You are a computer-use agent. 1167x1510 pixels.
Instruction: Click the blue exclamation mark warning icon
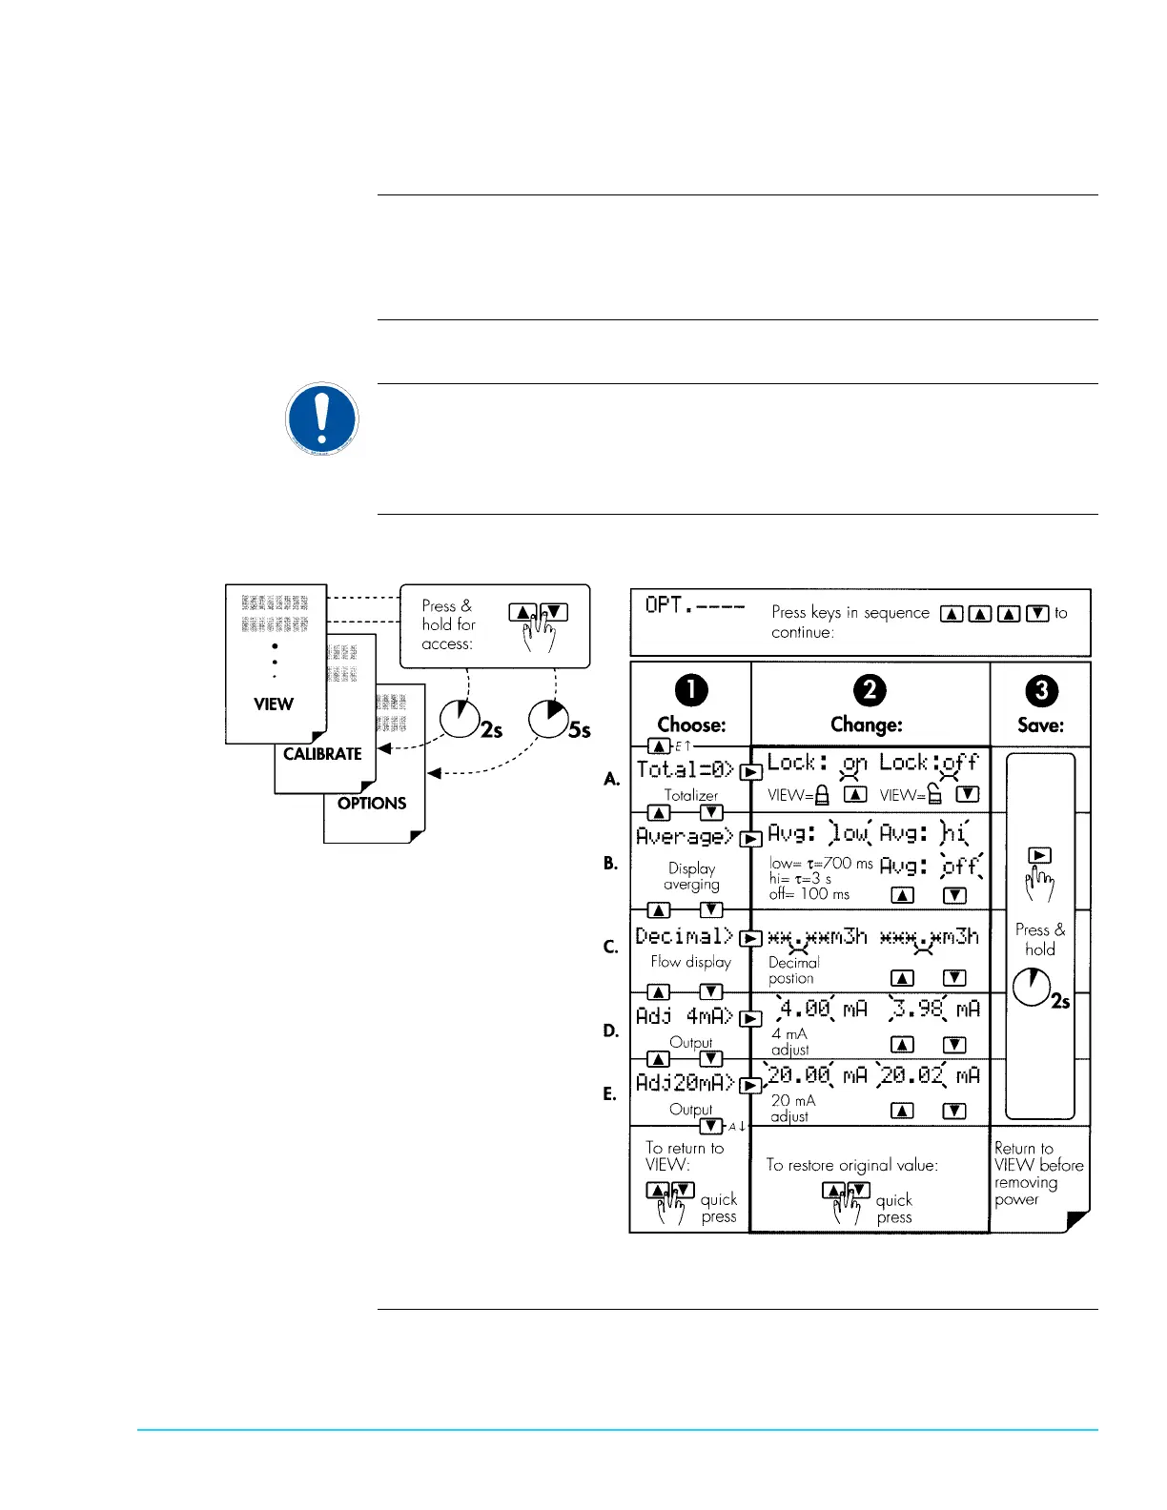pos(321,418)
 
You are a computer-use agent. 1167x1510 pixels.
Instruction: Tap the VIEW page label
pos(274,704)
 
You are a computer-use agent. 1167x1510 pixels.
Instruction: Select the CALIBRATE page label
pos(322,754)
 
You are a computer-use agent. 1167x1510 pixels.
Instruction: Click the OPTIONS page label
pos(372,804)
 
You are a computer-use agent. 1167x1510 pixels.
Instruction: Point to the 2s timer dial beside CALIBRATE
pos(460,719)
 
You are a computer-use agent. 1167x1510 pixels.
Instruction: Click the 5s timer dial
pos(548,719)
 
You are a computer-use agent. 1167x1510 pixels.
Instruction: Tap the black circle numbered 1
pos(691,690)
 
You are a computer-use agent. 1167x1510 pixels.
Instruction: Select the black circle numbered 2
pos(869,690)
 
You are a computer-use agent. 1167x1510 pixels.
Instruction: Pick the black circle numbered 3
pos(1041,690)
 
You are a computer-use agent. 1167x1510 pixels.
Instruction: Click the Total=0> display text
pos(685,769)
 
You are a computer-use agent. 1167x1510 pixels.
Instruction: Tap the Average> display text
pos(685,836)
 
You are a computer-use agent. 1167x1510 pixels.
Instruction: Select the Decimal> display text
pos(685,936)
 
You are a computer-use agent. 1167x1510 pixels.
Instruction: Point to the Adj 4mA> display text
pos(685,1016)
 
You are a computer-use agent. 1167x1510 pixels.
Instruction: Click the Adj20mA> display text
pos(685,1083)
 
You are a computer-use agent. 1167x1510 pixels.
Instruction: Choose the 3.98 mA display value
pos(935,1009)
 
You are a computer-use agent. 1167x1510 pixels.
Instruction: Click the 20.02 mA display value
pos(930,1075)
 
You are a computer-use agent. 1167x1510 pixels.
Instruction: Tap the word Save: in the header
pos(1040,725)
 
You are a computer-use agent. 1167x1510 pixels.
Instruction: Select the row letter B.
pos(611,863)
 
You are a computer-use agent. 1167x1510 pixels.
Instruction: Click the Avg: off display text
pos(930,866)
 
